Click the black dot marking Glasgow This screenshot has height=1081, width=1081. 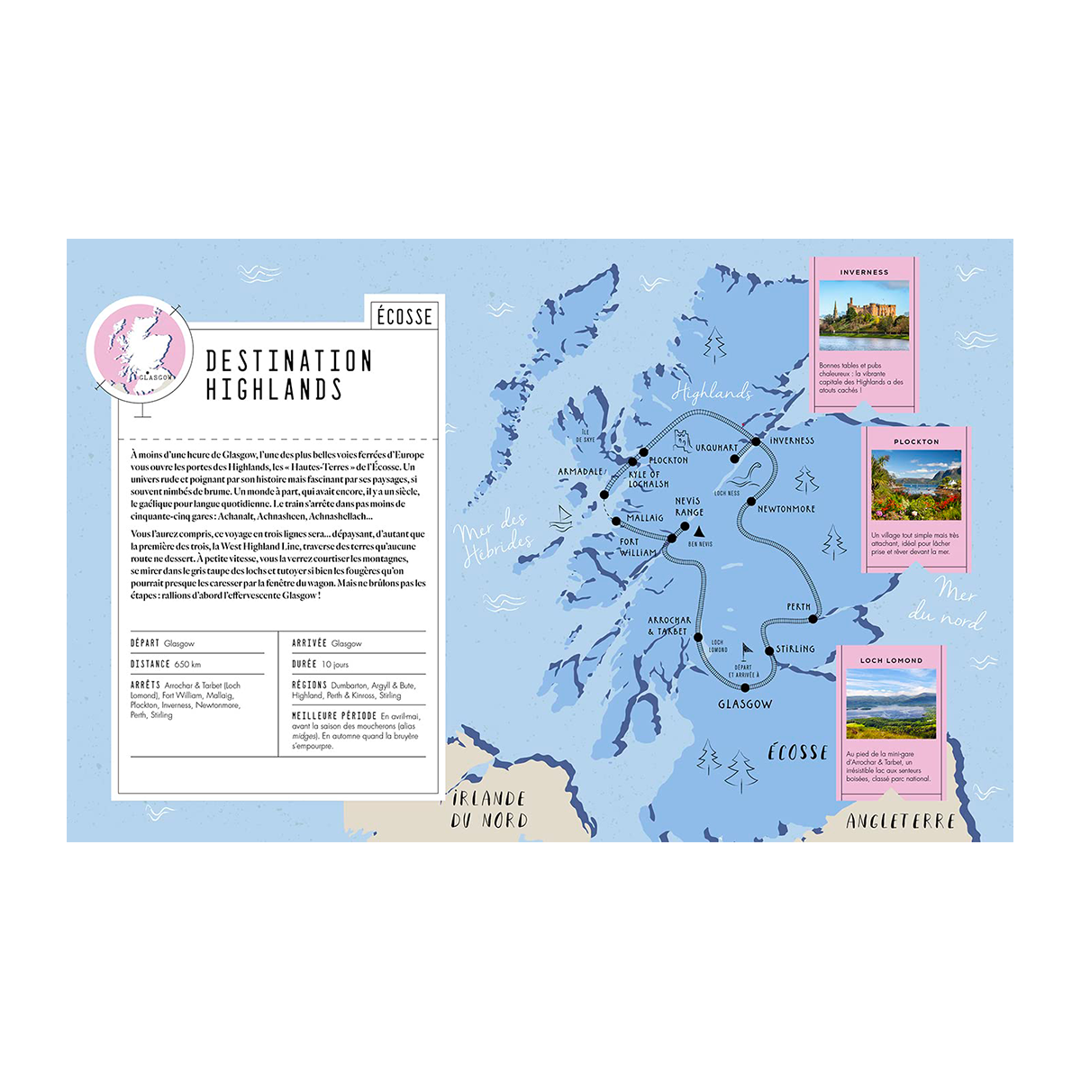tap(745, 688)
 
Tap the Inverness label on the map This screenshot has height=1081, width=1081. tap(792, 441)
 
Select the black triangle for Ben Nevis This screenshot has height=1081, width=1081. tap(699, 531)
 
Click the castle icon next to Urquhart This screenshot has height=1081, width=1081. tap(683, 441)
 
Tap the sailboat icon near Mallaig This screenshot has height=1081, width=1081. tap(563, 516)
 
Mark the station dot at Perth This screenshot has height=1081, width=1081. tap(813, 619)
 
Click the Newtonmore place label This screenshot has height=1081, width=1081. tap(786, 509)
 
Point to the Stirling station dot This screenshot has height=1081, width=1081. tap(769, 650)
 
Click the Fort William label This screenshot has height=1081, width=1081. tap(638, 547)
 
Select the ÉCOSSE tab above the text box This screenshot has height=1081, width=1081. tap(404, 316)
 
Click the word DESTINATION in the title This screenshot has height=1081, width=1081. tap(288, 361)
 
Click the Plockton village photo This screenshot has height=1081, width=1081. tap(916, 486)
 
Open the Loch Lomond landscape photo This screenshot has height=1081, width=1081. tap(891, 704)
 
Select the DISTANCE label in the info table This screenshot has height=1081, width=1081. tap(150, 664)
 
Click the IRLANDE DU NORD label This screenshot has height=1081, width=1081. tap(489, 809)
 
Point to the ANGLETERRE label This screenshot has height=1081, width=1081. tap(900, 821)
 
